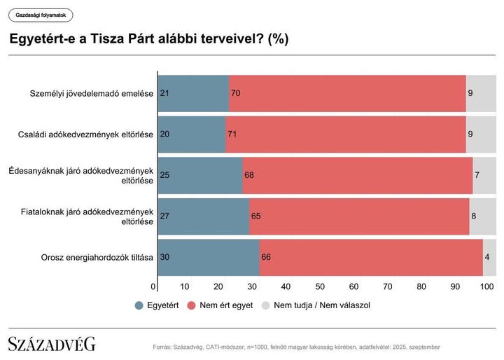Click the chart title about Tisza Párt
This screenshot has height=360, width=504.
[148, 39]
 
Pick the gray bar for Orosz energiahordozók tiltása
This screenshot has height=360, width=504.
[490, 257]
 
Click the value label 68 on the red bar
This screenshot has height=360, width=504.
[249, 174]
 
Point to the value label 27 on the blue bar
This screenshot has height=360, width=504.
[165, 216]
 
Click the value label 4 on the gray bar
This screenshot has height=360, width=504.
[486, 257]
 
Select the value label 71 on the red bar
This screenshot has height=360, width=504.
[232, 134]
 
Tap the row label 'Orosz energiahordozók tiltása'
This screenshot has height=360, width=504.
[97, 257]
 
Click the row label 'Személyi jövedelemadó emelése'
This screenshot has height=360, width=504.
[92, 93]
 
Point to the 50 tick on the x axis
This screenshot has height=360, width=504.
[320, 286]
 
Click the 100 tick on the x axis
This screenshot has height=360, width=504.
[487, 286]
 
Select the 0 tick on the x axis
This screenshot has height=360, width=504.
[154, 286]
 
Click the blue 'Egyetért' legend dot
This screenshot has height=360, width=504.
[139, 305]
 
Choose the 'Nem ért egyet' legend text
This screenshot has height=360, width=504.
[225, 305]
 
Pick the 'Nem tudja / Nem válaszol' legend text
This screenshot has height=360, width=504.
[321, 305]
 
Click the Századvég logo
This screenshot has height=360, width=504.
[52, 344]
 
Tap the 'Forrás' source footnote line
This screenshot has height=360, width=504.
[296, 347]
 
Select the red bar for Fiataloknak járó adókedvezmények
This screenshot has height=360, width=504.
[359, 216]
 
